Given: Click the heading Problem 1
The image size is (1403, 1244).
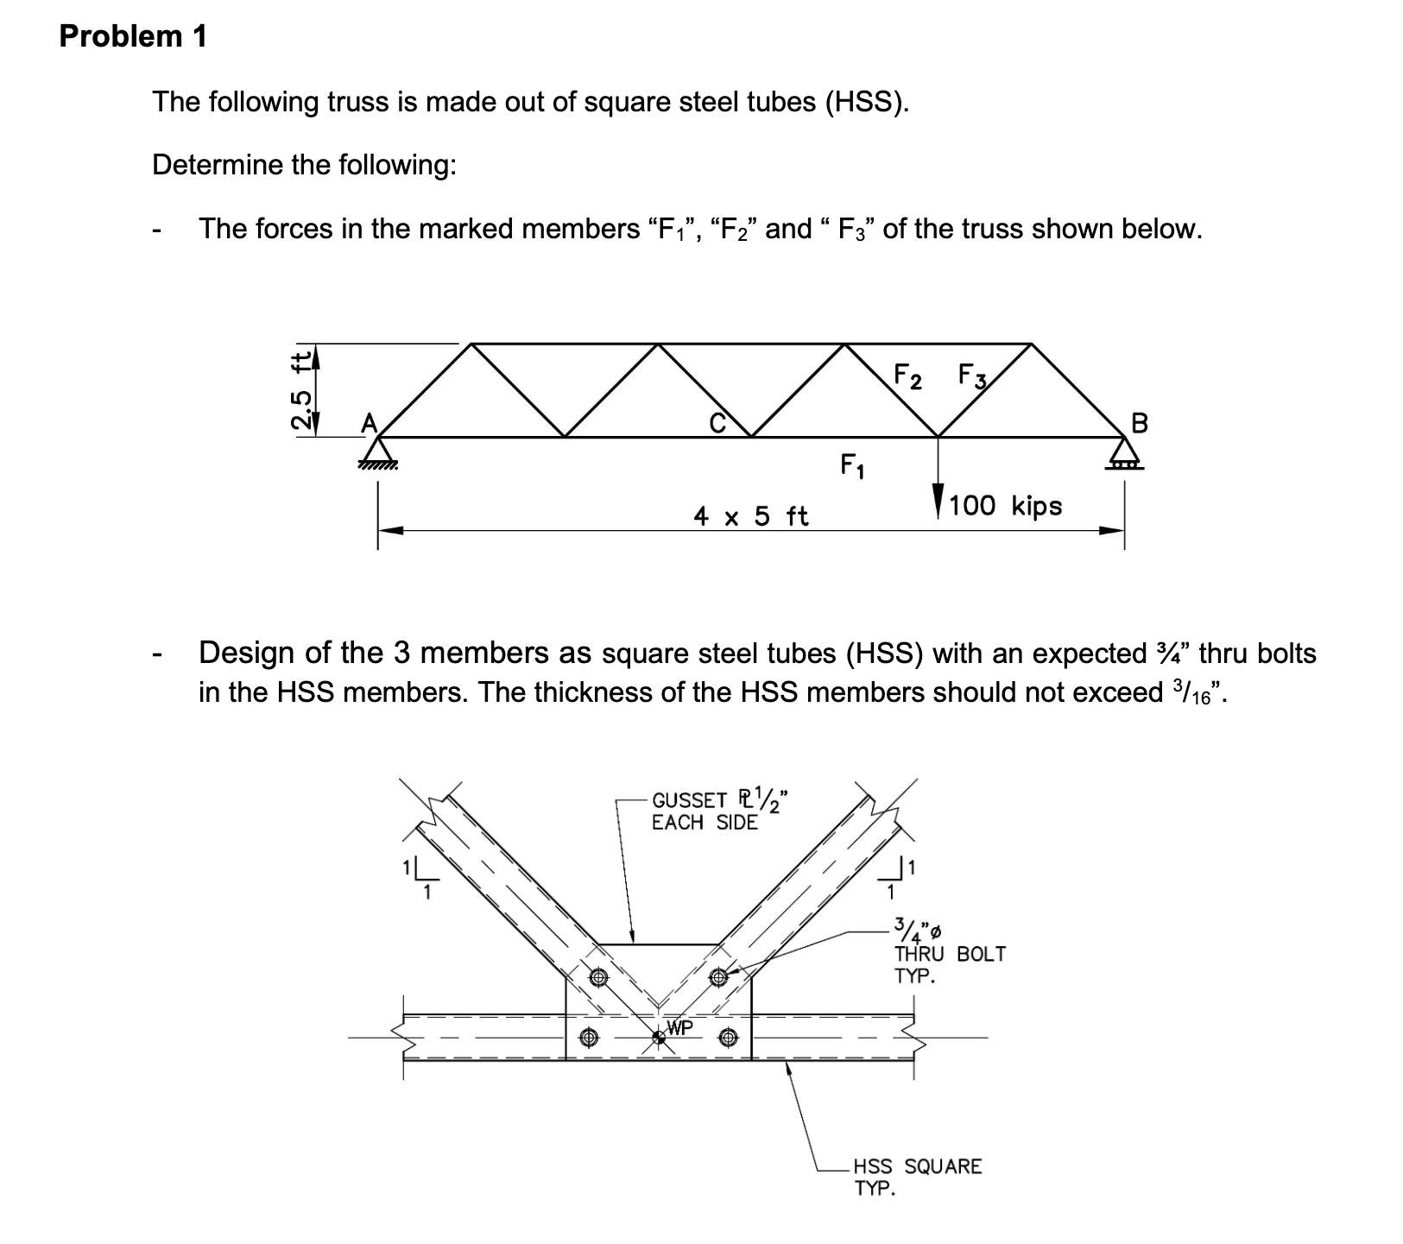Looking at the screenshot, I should pyautogui.click(x=133, y=36).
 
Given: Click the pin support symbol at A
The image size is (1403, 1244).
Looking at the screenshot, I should pyautogui.click(x=376, y=452).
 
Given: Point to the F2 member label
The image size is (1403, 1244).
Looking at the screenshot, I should pyautogui.click(x=907, y=376).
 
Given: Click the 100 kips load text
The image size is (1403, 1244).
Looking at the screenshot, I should pyautogui.click(x=1005, y=505).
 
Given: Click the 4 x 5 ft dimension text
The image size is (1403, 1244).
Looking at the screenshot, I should pyautogui.click(x=751, y=516).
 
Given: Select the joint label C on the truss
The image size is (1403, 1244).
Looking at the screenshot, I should pyautogui.click(x=716, y=423).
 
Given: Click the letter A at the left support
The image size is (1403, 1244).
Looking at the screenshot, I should pyautogui.click(x=369, y=422).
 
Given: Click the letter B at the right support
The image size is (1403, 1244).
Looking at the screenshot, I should pyautogui.click(x=1139, y=423).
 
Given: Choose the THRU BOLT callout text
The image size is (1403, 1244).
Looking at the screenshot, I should pyautogui.click(x=949, y=954).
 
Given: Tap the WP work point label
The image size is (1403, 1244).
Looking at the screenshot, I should pyautogui.click(x=680, y=1027).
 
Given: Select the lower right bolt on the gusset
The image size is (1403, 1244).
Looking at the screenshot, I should pyautogui.click(x=728, y=1036).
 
